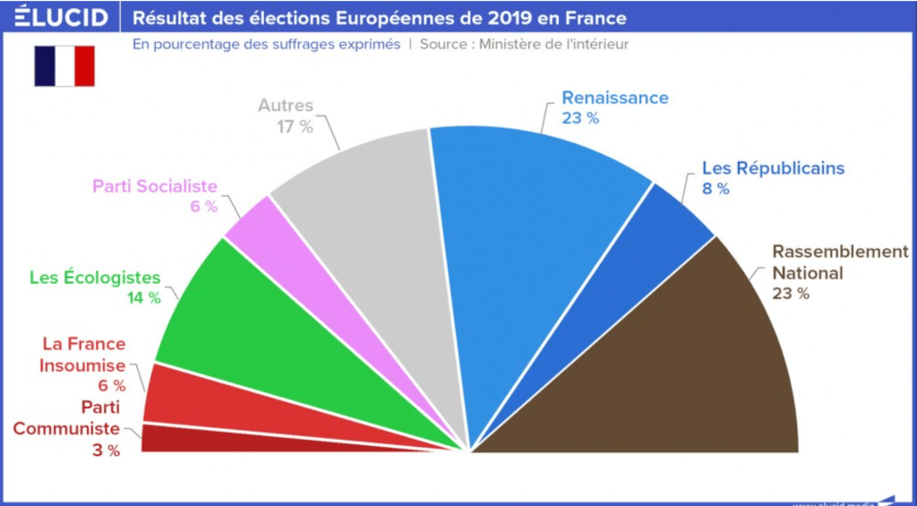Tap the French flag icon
point(64,66)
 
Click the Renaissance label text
point(615,98)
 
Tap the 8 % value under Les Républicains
point(716,189)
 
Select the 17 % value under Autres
point(295,127)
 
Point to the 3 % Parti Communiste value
point(106,450)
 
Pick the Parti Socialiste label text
point(155,186)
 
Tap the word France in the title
point(596,18)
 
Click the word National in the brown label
point(808,273)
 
